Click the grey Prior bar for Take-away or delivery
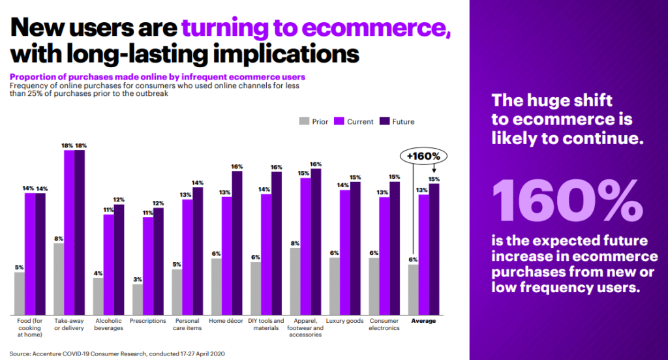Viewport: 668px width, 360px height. [x=59, y=279]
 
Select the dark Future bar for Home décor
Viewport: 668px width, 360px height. [x=237, y=243]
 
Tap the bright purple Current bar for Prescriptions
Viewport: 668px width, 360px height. [x=148, y=266]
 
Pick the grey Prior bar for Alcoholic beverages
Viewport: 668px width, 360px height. [x=98, y=297]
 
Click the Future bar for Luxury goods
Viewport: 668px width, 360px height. [x=356, y=248]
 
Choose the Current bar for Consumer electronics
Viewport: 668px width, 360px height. [x=384, y=256]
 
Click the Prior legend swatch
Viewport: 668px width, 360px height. [x=304, y=121]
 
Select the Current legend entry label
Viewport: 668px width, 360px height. [x=360, y=122]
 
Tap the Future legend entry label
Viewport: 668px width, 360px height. [x=403, y=122]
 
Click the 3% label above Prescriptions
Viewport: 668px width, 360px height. [x=138, y=280]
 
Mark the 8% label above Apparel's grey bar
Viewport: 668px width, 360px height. [x=295, y=243]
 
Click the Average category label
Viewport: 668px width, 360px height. [x=423, y=321]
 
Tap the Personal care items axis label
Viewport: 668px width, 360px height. [x=187, y=324]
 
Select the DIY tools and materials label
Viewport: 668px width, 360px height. [x=266, y=324]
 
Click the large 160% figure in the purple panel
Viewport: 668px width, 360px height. [x=568, y=201]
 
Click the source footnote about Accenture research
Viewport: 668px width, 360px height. [x=117, y=353]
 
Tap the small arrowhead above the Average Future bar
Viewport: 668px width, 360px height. [x=434, y=171]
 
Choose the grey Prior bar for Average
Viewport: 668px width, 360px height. [x=413, y=290]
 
